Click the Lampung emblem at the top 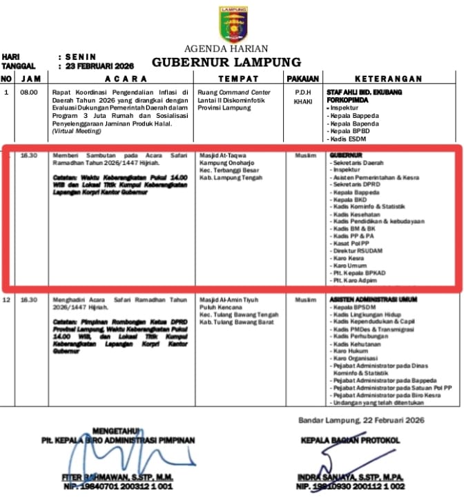pyautogui.click(x=233, y=23)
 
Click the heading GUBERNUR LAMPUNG pyautogui.click(x=226, y=62)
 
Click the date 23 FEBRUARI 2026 pyautogui.click(x=100, y=66)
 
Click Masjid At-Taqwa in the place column pyautogui.click(x=222, y=156)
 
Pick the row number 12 pyautogui.click(x=7, y=300)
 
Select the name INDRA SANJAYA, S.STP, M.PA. pyautogui.click(x=350, y=477)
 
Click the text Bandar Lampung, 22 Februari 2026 pyautogui.click(x=361, y=420)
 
